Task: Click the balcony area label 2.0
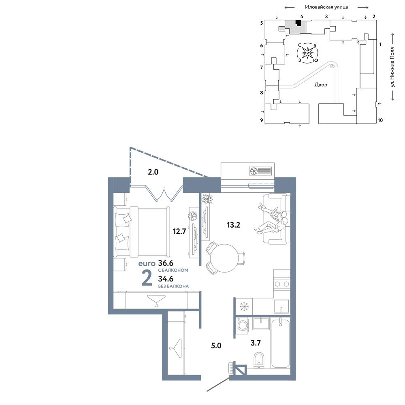(x=153, y=172)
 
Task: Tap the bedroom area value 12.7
(x=179, y=231)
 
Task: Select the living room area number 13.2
(x=234, y=225)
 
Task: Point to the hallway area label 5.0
(x=216, y=345)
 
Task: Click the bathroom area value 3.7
(x=256, y=343)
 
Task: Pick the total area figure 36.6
(x=166, y=263)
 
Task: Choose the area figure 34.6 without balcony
(x=166, y=279)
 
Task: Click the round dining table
(x=224, y=258)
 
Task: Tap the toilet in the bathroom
(x=258, y=360)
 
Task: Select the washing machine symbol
(x=243, y=324)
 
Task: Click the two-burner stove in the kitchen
(x=282, y=284)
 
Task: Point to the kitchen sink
(x=281, y=307)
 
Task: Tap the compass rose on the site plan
(x=307, y=53)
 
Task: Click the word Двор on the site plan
(x=321, y=85)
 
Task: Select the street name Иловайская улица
(x=326, y=7)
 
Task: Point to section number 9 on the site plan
(x=261, y=120)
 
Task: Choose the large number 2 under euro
(x=147, y=279)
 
